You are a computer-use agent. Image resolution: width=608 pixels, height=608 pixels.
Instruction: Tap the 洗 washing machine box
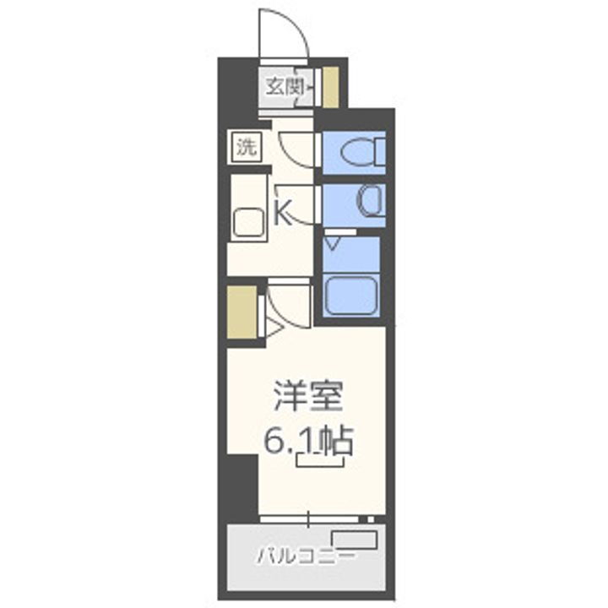point(246,148)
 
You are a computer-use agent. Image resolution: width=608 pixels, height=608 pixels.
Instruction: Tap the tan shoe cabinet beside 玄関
point(332,86)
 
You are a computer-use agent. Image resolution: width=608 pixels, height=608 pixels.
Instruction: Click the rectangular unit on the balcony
point(355,540)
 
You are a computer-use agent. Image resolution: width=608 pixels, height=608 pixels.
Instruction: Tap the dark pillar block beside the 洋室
point(241,486)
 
